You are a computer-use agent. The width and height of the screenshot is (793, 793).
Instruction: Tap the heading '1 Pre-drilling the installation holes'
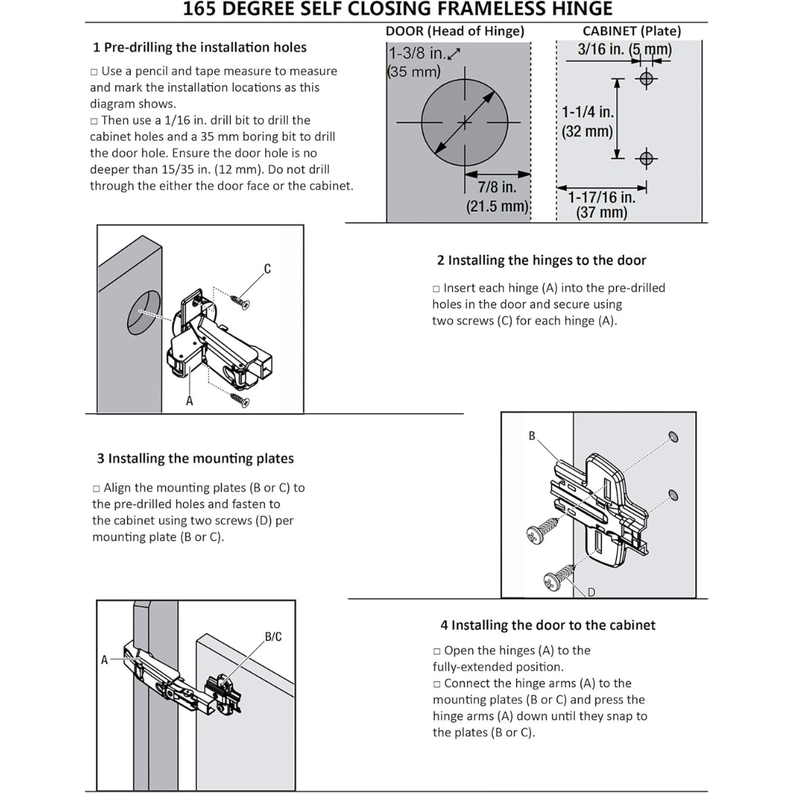coord(200,48)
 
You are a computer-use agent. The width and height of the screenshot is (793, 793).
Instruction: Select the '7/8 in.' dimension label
coord(497,188)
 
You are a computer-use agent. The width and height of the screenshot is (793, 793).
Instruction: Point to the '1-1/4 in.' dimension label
coord(588,112)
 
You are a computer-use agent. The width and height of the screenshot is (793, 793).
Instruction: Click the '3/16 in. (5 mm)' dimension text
coord(625,50)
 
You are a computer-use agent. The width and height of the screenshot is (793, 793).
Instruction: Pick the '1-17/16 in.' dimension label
coord(601,197)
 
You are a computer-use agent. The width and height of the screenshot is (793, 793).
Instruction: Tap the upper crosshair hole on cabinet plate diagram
coord(646,79)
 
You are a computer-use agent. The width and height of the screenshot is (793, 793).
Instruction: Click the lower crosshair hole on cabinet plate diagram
coord(646,158)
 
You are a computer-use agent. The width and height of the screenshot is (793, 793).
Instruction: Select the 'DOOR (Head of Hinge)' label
coord(455,31)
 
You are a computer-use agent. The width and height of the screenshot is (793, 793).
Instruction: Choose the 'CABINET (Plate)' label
coord(631,31)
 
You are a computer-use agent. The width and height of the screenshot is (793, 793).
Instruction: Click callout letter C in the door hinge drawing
coord(267,269)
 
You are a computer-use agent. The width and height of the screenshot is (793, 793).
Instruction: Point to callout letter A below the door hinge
coord(189,401)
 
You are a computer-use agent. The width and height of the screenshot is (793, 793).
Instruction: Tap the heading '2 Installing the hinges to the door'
coord(542,261)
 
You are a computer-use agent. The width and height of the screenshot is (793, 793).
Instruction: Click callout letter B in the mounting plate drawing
coord(532,436)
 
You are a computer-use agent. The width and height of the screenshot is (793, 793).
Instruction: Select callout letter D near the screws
coord(591,592)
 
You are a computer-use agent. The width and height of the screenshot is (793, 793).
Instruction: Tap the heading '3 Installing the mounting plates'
coord(195,459)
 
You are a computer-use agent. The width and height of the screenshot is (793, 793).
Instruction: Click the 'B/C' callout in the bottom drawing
coord(273,637)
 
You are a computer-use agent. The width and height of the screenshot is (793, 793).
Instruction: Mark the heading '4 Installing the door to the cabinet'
coord(548,626)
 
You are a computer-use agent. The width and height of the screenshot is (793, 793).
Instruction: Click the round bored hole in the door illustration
coord(144,313)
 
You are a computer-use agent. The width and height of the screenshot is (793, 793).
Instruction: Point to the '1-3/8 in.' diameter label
coord(417,54)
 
